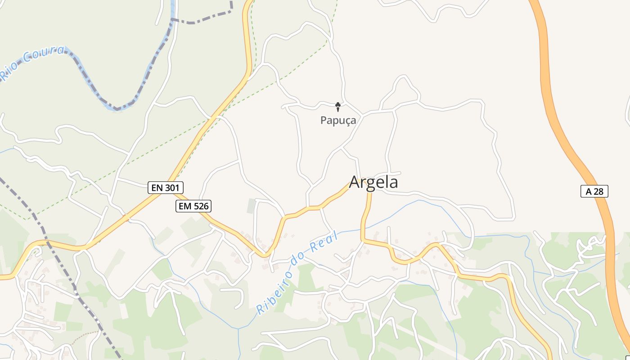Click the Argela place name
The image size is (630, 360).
373,182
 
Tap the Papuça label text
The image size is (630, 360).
338,120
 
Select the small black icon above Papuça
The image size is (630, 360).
338,107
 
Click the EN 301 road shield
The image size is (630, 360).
166,188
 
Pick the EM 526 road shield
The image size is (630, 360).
193,206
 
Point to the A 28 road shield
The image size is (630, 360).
594,191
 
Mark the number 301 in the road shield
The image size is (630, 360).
172,188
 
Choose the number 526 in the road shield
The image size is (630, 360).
200,206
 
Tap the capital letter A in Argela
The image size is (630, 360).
355,182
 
